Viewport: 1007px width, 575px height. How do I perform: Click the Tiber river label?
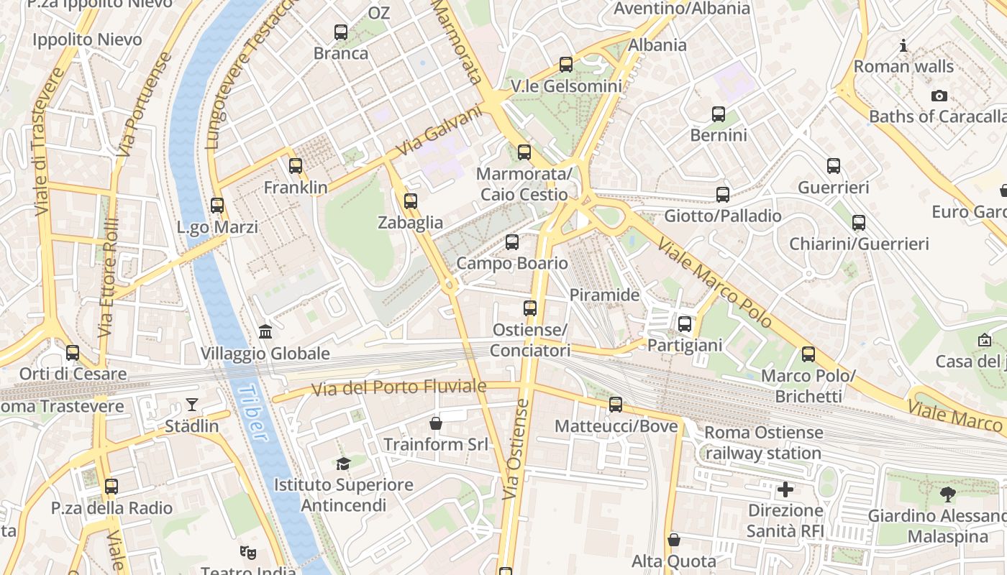click(x=252, y=413)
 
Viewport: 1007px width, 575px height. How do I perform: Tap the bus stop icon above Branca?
click(x=341, y=32)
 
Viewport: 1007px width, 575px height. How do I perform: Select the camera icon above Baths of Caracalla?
click(x=939, y=96)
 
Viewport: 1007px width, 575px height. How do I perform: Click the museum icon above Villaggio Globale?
click(x=265, y=332)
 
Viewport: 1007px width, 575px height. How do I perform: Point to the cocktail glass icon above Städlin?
click(x=192, y=405)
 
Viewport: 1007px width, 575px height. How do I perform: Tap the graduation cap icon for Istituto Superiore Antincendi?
click(x=343, y=464)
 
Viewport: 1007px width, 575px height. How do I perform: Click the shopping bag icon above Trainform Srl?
click(x=435, y=423)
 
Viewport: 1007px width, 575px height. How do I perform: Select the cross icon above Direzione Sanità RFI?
click(x=785, y=489)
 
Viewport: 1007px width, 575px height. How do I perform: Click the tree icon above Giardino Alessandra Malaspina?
click(x=947, y=494)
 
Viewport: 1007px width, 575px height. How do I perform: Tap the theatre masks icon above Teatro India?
click(x=248, y=552)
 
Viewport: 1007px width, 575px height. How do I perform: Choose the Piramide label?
click(x=604, y=295)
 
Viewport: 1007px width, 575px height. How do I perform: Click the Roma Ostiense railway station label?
click(x=763, y=443)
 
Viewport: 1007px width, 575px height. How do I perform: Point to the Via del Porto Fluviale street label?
click(x=398, y=387)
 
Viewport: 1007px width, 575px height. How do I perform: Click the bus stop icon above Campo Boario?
click(x=512, y=242)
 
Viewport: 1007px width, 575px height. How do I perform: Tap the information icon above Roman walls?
click(x=903, y=46)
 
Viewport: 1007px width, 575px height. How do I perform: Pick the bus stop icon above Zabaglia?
click(x=411, y=201)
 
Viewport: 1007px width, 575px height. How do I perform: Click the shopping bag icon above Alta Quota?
click(x=674, y=539)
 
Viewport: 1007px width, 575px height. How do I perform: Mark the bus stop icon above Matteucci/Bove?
click(x=616, y=405)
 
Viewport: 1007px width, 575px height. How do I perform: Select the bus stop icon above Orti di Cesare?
click(x=73, y=353)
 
